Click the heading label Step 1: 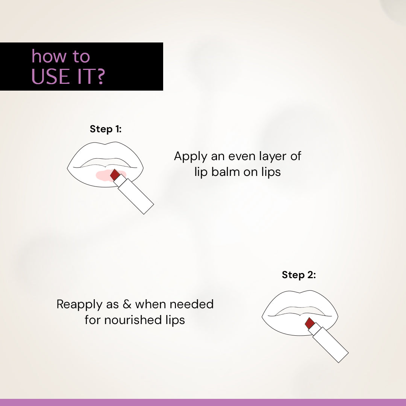[x=106, y=129]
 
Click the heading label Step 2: [x=299, y=275]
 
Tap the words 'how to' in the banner [x=61, y=56]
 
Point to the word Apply [x=191, y=157]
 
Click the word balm [x=225, y=172]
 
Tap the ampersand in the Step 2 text [x=127, y=304]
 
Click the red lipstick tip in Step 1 [x=114, y=175]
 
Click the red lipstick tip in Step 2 [x=310, y=323]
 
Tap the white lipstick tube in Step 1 [x=134, y=194]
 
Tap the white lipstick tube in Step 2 [x=329, y=342]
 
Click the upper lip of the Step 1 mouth [x=105, y=151]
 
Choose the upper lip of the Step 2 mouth [x=300, y=300]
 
